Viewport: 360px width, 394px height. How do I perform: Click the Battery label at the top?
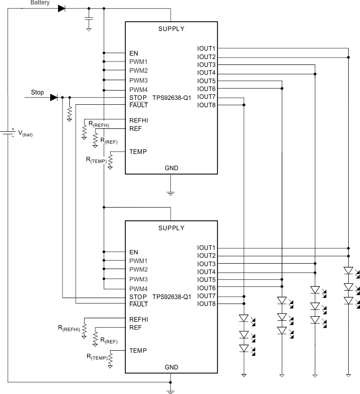(40, 3)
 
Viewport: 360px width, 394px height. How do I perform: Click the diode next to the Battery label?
(61, 8)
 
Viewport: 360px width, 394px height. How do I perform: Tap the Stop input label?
(37, 92)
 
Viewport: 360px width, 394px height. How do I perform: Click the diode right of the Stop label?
(54, 97)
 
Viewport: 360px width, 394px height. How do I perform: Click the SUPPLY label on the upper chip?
(171, 29)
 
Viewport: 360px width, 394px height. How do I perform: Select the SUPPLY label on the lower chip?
(171, 228)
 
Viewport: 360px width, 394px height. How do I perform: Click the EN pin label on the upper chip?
(134, 53)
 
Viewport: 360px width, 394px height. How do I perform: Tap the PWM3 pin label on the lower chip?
(138, 279)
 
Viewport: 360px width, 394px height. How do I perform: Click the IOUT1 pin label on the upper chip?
(206, 49)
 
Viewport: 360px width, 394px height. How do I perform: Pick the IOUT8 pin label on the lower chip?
(206, 304)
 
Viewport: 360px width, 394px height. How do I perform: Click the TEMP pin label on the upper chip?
(138, 152)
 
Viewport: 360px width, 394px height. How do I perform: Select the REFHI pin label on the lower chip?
(139, 319)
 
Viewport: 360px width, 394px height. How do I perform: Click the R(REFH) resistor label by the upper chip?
(99, 125)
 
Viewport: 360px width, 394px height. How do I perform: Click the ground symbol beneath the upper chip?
(171, 193)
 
